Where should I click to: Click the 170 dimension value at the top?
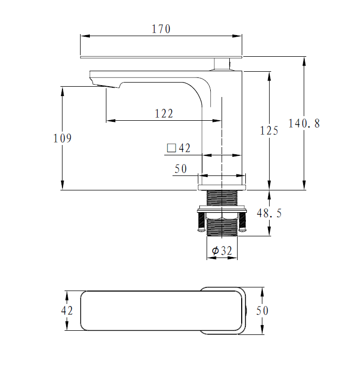(x=161, y=29)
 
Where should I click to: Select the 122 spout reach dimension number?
(x=164, y=114)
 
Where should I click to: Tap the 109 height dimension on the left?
(x=62, y=138)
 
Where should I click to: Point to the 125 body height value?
(x=269, y=131)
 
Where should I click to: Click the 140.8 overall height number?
(x=304, y=123)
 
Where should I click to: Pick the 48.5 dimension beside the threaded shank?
(x=269, y=213)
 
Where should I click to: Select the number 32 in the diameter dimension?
(x=226, y=251)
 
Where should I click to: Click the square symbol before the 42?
(x=171, y=149)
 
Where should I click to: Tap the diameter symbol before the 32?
(x=215, y=251)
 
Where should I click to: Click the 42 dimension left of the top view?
(x=67, y=311)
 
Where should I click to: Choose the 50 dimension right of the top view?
(x=262, y=311)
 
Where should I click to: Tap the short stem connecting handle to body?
(x=222, y=63)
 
